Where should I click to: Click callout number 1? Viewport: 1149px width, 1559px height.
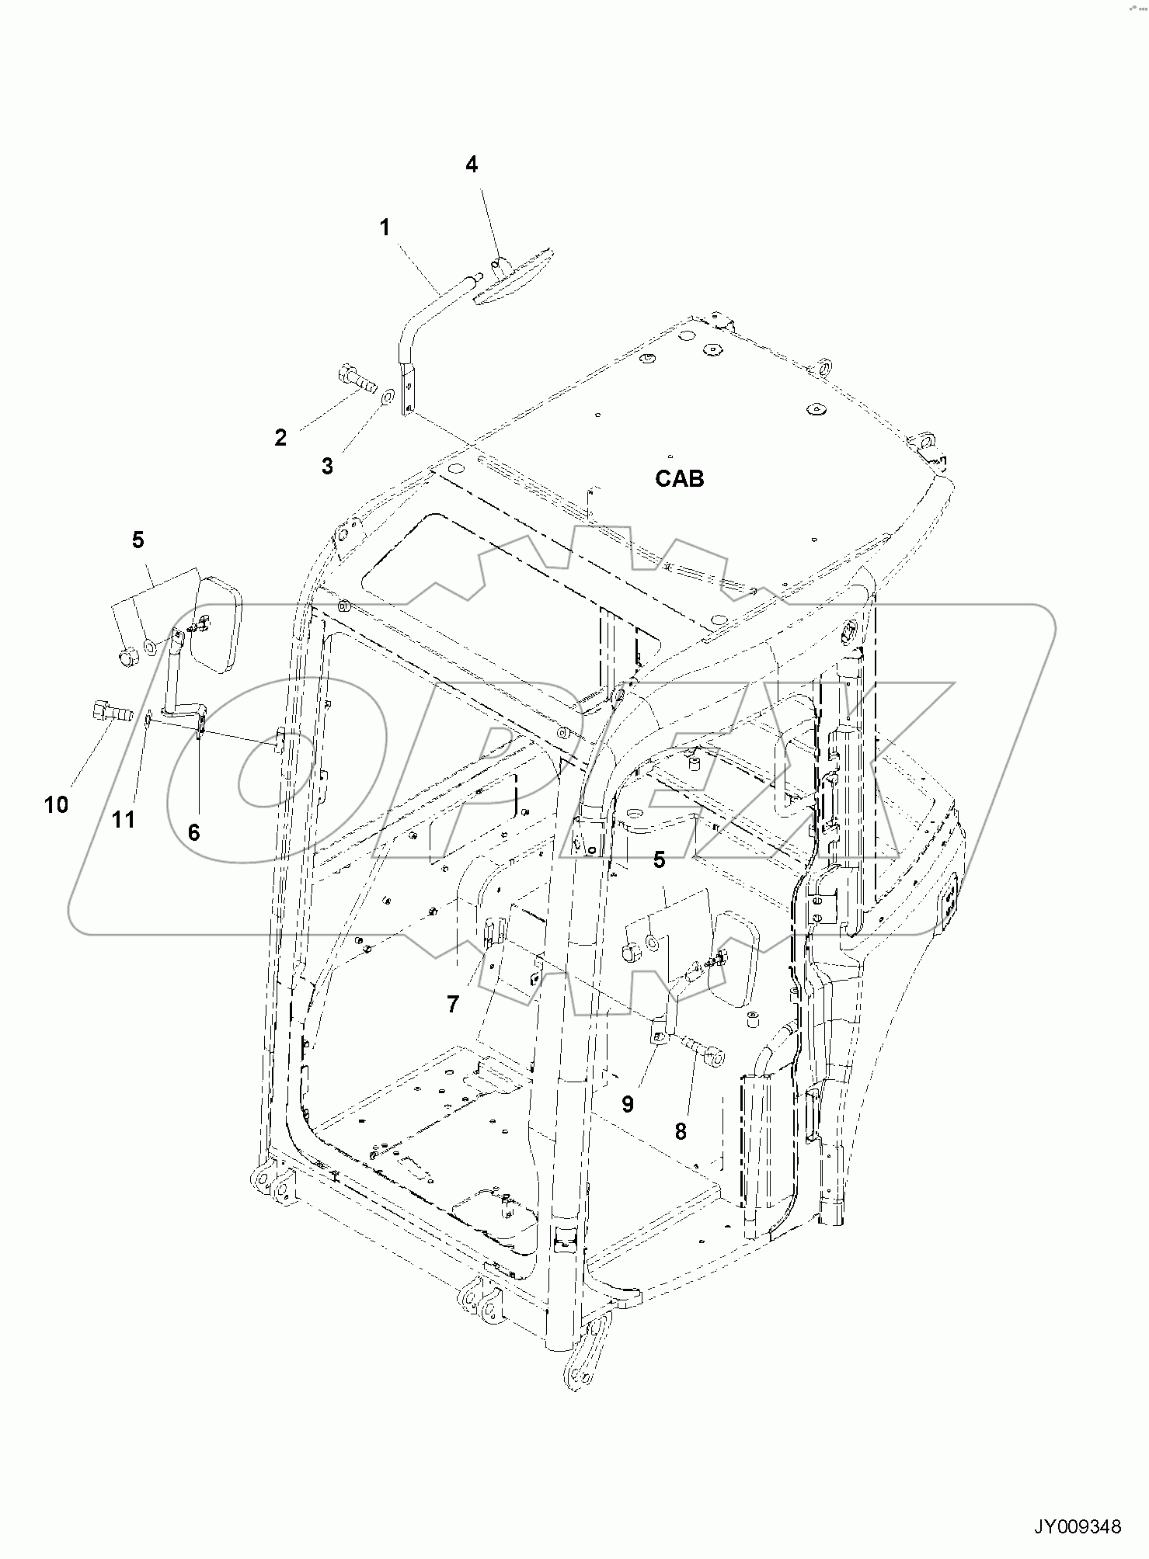(385, 227)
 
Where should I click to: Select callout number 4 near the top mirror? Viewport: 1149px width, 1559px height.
(472, 164)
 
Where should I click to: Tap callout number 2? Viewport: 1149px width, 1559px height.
(280, 437)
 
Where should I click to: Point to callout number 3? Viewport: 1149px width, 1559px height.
(328, 466)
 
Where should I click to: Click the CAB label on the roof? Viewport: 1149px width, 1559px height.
(679, 478)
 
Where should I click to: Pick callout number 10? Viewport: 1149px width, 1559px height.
(57, 805)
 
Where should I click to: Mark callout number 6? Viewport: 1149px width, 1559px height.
(193, 832)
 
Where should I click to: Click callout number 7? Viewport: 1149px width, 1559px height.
(453, 1004)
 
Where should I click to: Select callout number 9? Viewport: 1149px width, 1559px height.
(628, 1104)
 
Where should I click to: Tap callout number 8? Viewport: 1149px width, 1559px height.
(681, 1132)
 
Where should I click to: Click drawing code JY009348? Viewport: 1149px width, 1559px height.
(1077, 1526)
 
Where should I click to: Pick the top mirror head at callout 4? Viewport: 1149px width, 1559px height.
(515, 274)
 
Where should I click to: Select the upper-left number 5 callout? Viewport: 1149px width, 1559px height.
(138, 540)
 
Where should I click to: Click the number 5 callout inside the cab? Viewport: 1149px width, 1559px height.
(659, 859)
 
